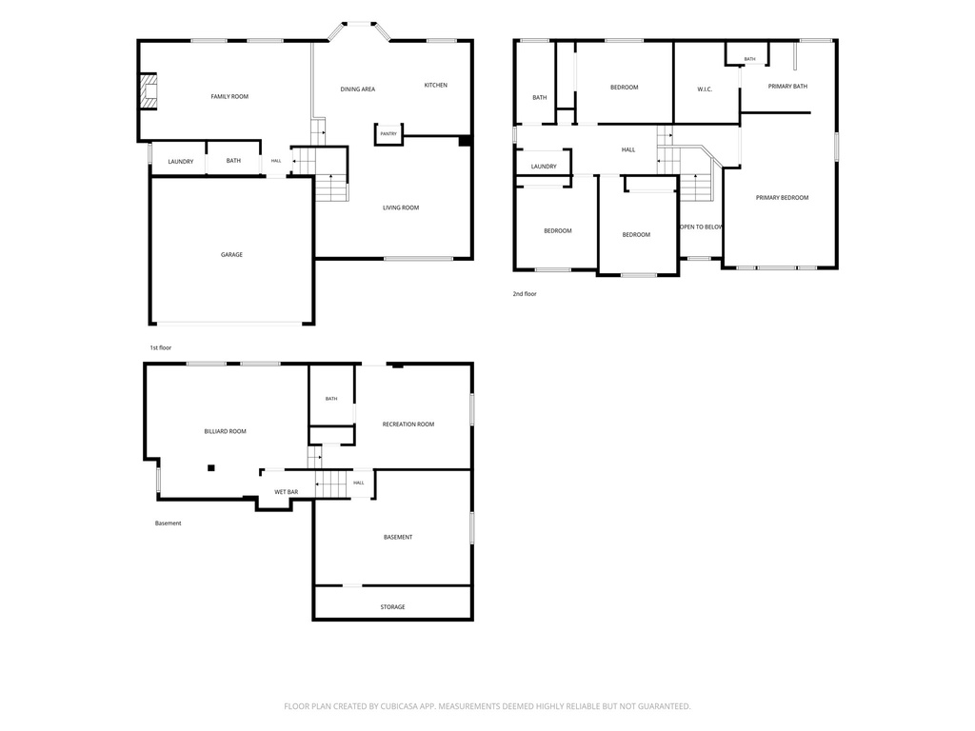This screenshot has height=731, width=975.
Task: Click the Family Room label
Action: coord(229,96)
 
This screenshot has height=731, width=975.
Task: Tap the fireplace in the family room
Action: coord(148,91)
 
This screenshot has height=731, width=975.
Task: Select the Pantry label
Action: coord(388,133)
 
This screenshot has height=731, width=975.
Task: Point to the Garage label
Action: coord(231,254)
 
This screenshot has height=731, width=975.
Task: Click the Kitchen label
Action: coord(435,85)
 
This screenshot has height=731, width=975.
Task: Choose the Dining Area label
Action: coord(358,89)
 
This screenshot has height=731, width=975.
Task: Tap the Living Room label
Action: coord(401,207)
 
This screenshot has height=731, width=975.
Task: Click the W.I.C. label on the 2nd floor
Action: coord(705,89)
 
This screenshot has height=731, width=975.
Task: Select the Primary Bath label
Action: coord(787,87)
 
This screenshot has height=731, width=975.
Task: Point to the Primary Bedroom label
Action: coord(782,198)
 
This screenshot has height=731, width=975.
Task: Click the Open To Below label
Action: coord(701,227)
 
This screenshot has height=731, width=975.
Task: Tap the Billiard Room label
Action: coord(225,431)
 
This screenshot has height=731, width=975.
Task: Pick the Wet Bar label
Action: coord(286,492)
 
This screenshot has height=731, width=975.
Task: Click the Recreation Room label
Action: coord(408,425)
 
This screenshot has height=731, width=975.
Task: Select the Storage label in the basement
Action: coord(392,606)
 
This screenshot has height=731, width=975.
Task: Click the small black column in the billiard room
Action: coord(211,468)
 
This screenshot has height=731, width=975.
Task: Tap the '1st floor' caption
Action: coord(160,347)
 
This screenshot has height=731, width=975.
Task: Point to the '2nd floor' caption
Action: coord(525,293)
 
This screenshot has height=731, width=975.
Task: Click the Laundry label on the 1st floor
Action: coord(180,162)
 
